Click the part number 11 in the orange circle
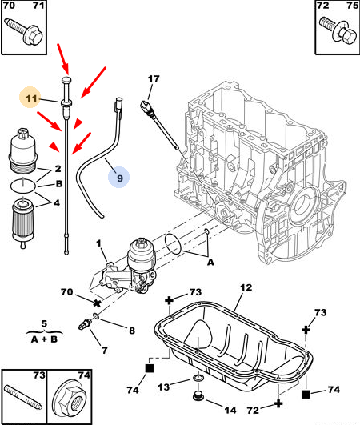coord(31,98)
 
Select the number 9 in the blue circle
coord(120,178)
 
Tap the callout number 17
coord(154,79)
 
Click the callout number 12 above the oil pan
coord(246,287)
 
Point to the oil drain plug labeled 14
coord(198,396)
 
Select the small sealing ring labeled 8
coord(96,315)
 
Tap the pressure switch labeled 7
coord(85,323)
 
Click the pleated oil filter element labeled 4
coord(22,221)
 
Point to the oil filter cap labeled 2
coord(22,151)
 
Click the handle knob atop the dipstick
coord(66,80)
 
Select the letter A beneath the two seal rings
coord(210,263)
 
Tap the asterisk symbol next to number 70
coord(97,303)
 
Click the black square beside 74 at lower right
coord(306,394)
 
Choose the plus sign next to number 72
coord(278,404)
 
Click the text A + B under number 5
coord(44,339)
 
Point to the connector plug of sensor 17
coord(146,106)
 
